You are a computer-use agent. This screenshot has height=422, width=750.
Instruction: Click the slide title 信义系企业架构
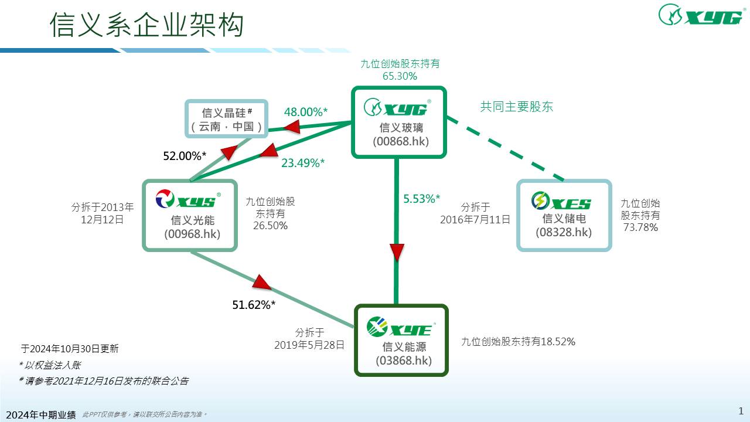[146, 25]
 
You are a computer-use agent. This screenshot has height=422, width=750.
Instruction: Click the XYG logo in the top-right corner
[700, 15]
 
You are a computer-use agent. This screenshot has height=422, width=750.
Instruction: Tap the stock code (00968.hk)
[192, 234]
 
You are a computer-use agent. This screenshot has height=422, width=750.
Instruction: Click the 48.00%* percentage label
[305, 112]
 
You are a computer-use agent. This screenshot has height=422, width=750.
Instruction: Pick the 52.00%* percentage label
[185, 156]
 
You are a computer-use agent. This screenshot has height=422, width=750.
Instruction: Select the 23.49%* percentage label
[302, 163]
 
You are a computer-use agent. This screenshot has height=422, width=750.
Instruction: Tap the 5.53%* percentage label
[421, 199]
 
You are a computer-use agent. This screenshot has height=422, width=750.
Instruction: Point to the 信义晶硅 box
[227, 120]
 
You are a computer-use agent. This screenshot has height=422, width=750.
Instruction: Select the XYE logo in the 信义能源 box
[399, 328]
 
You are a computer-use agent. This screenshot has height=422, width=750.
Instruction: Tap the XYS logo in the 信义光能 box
[186, 200]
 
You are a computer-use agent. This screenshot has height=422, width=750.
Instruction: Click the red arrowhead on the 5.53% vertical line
[397, 252]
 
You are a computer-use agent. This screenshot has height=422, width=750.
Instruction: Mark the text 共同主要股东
[516, 107]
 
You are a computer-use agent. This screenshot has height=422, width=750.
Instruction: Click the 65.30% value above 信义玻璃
[399, 76]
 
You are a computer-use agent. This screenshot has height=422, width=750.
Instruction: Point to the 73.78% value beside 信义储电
[640, 227]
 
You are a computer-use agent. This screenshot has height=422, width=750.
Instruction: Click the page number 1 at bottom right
[741, 410]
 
